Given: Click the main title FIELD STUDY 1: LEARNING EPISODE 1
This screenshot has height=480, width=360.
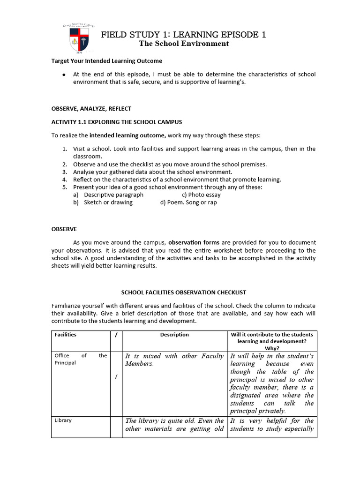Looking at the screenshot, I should (x=184, y=34).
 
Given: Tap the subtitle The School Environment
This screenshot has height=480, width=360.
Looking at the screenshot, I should (x=184, y=44).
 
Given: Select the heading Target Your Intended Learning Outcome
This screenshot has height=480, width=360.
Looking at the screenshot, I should (x=107, y=61).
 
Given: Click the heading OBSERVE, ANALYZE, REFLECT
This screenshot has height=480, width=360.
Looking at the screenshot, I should (x=91, y=108).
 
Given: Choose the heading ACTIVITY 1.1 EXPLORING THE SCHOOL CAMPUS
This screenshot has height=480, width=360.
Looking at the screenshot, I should (x=116, y=122).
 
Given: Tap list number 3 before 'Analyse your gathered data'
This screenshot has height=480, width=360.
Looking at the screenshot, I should (x=65, y=172).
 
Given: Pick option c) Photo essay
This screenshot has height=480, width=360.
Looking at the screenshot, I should (x=201, y=195).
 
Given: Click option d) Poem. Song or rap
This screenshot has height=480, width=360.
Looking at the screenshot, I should (x=188, y=202).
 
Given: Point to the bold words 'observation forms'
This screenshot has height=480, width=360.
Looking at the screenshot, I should (x=192, y=242).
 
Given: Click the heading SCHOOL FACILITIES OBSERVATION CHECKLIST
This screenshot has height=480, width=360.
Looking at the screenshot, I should (x=184, y=292).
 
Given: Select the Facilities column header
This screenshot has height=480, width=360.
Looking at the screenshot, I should (x=66, y=335).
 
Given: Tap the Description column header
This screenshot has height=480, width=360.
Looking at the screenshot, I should (x=174, y=335).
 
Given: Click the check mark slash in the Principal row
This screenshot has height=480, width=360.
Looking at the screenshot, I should (x=116, y=377).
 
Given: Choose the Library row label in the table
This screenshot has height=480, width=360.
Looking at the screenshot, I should (x=63, y=420).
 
